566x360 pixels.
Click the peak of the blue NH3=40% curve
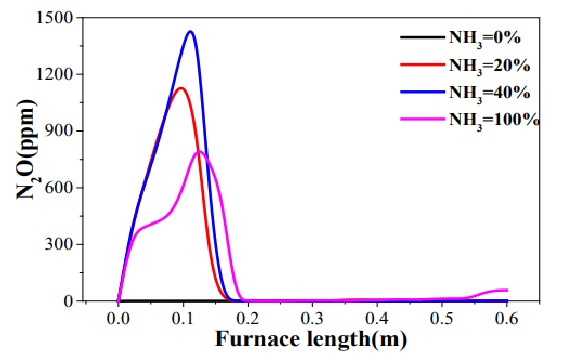tap(190, 32)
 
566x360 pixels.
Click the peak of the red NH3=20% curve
tap(181, 88)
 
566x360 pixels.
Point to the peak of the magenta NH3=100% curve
tap(200, 151)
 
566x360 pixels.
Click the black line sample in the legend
tap(421, 37)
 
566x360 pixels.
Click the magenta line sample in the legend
tap(421, 119)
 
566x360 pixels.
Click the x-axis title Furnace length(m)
tap(311, 339)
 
